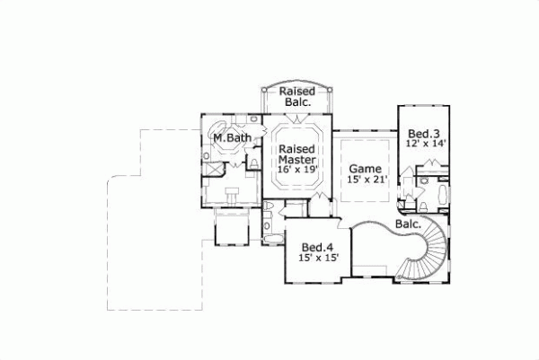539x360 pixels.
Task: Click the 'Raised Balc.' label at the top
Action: [295, 97]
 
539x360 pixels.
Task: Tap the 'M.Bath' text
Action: [232, 138]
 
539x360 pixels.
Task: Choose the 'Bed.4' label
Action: [318, 247]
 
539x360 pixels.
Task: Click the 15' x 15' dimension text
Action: [318, 259]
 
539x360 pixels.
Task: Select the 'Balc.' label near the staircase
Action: [407, 224]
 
